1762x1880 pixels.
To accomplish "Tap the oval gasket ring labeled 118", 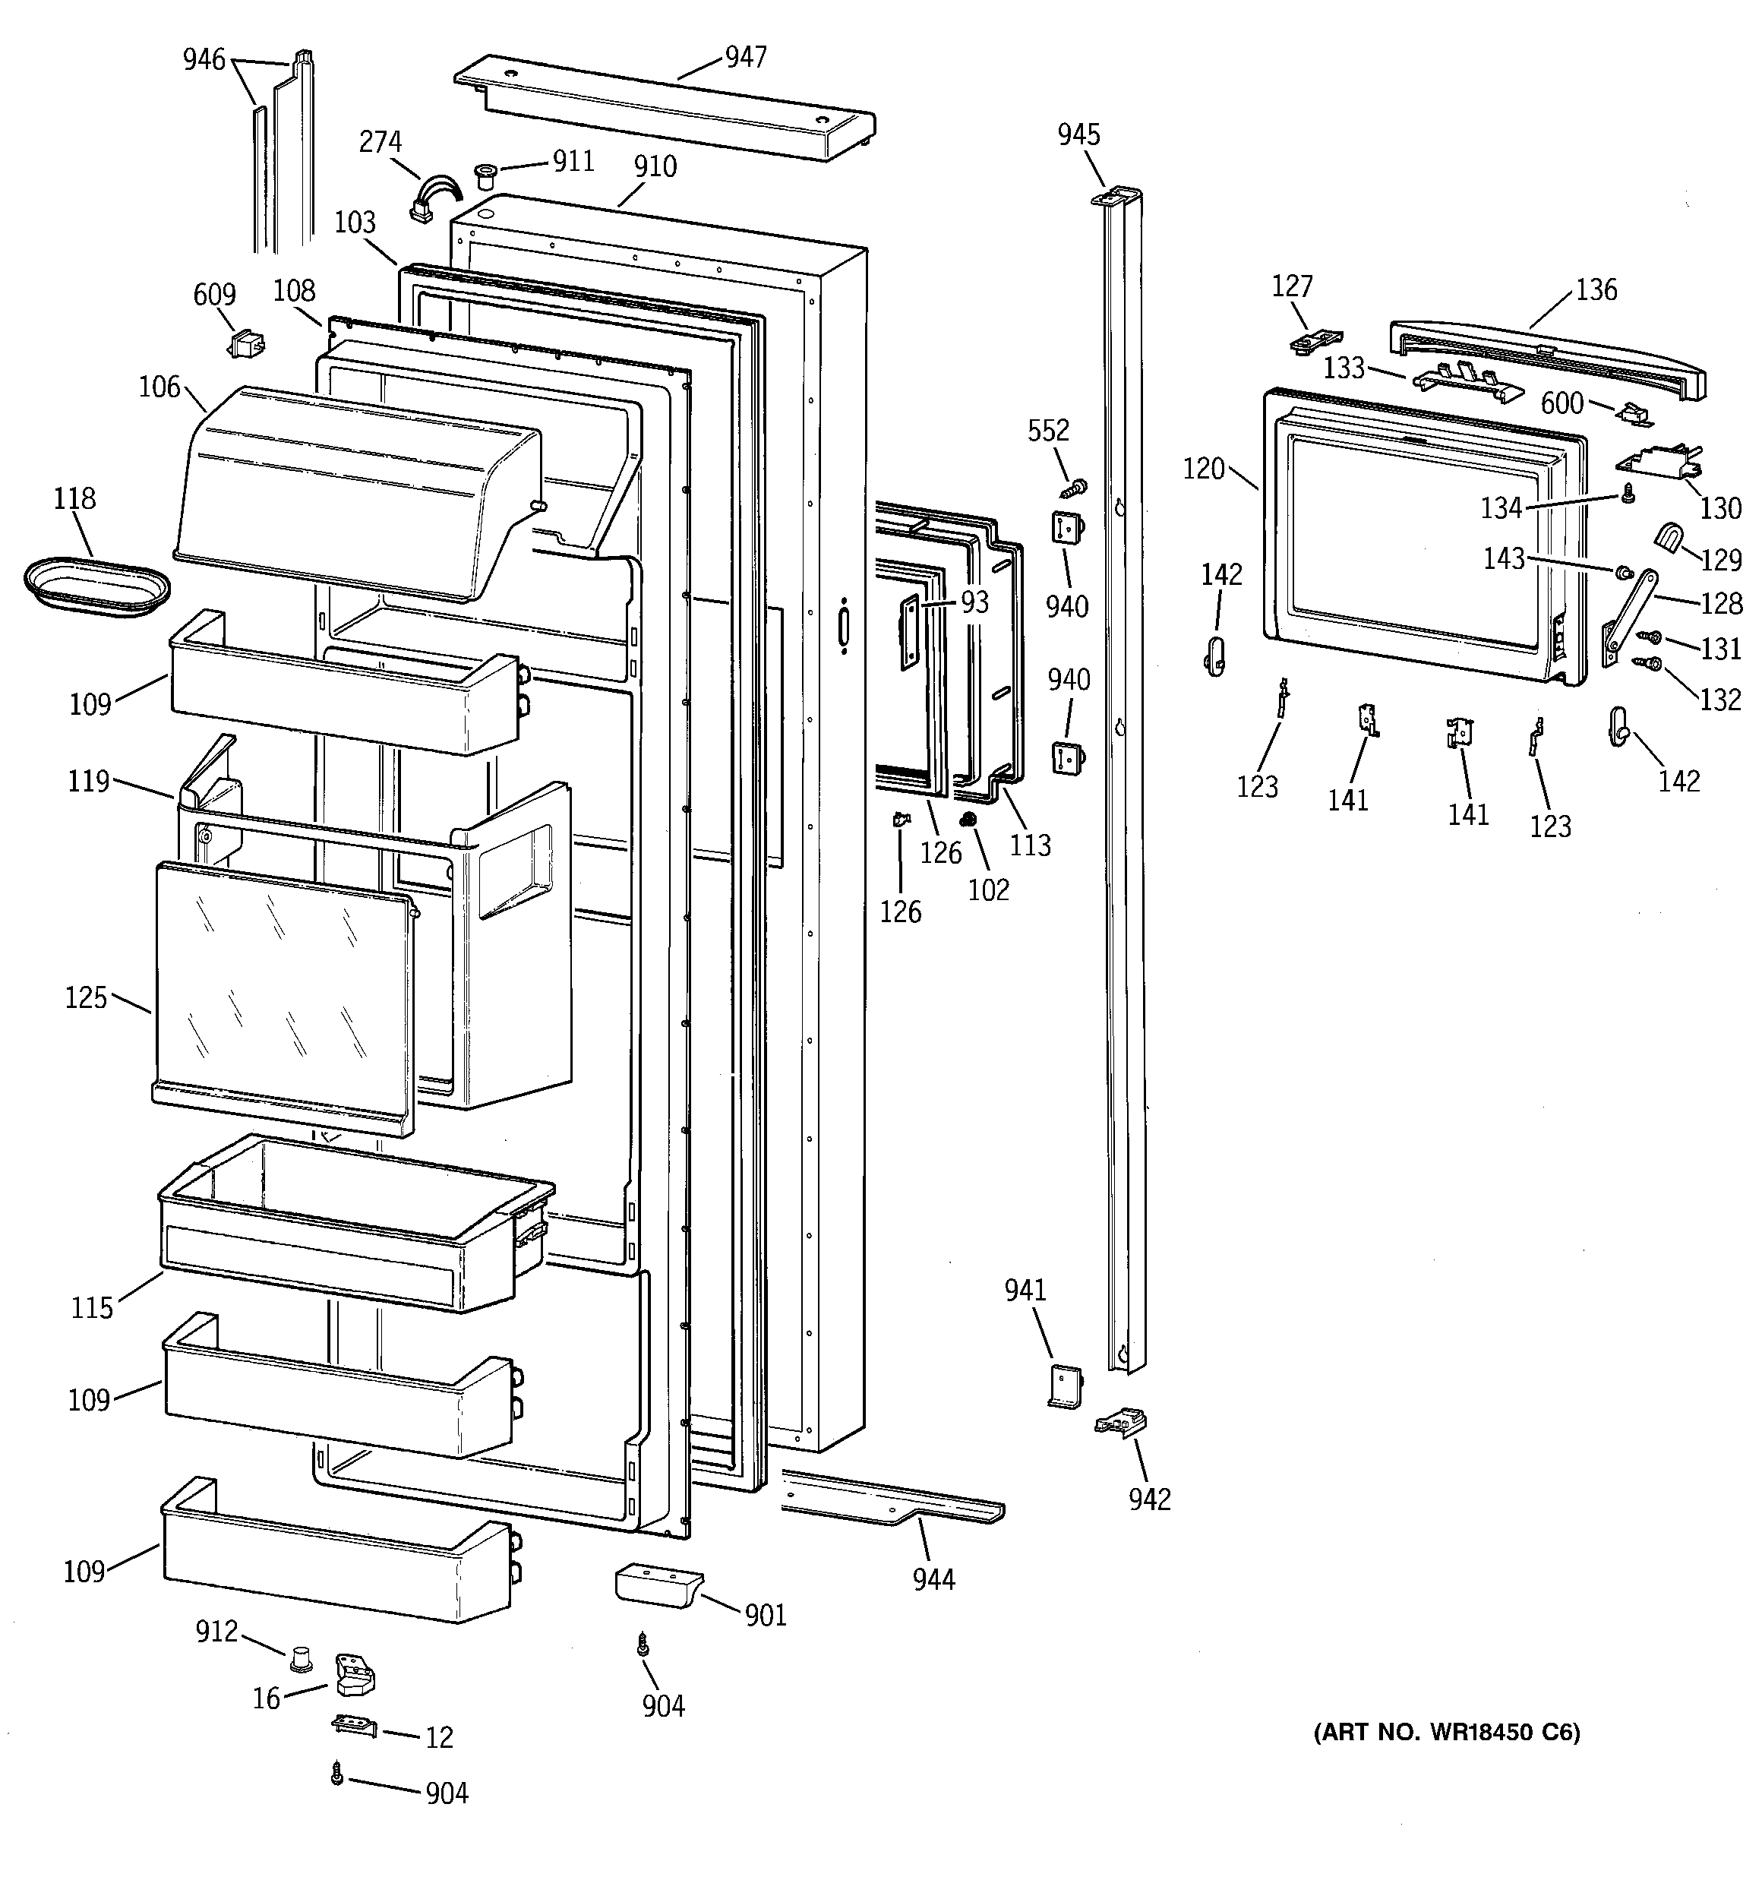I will click(x=96, y=587).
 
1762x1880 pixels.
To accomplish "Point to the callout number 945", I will click(x=1078, y=135).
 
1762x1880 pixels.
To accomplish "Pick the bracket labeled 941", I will click(x=1065, y=1386).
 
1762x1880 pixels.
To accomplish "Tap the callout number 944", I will click(x=933, y=1579).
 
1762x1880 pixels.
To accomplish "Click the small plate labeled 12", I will click(x=354, y=1727).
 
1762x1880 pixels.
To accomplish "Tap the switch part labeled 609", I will click(x=248, y=343).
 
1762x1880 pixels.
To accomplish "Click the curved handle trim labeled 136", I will click(x=1547, y=358).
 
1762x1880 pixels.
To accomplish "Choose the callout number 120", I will click(x=1203, y=469).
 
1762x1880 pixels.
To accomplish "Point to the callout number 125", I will click(x=85, y=997).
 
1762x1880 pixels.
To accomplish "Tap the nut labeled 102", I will click(x=968, y=820).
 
